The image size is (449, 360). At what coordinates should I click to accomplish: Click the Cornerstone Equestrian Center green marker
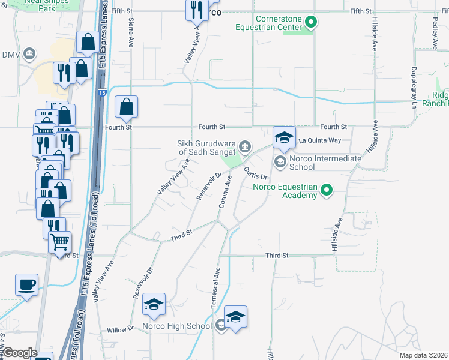point(310,23)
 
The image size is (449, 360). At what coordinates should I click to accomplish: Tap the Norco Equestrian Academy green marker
point(327,191)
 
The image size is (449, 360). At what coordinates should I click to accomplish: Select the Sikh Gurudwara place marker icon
point(244,145)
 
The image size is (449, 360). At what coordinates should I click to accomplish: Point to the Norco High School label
point(177,326)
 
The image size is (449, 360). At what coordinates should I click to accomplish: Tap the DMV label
point(11,55)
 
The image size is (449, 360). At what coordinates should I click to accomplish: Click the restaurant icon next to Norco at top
point(196,10)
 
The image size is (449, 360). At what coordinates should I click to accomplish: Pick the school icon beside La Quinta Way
point(284,137)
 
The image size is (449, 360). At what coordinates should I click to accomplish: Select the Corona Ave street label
point(225,192)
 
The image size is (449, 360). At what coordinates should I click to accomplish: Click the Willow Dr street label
point(122,329)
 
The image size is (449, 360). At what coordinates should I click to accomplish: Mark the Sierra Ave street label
point(131,33)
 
